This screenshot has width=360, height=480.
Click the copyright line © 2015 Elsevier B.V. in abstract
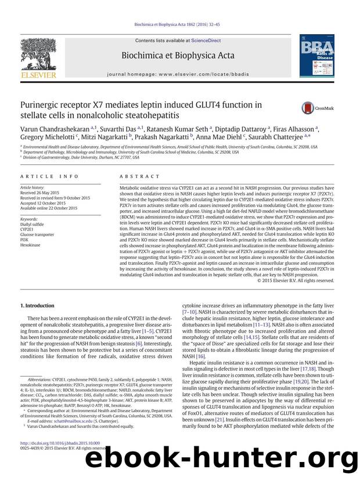click(x=296, y=280)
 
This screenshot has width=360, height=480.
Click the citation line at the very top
click(x=179, y=25)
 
